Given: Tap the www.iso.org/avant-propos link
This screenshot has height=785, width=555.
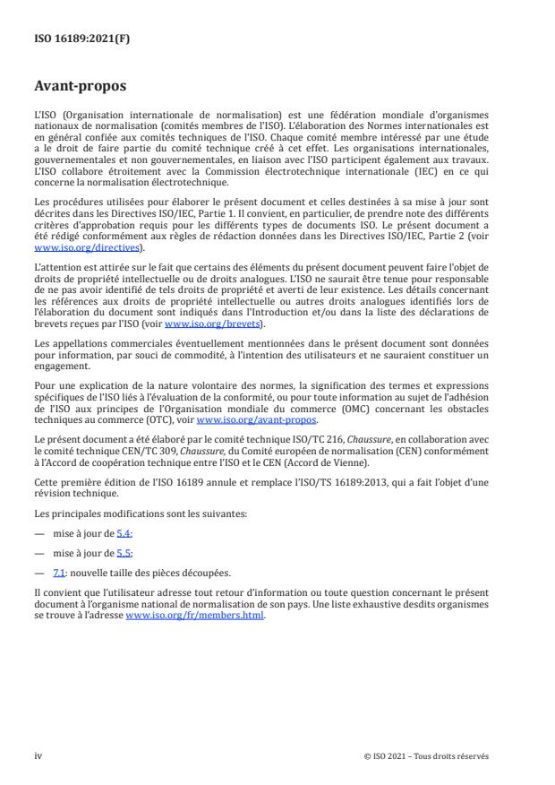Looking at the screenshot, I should tap(255, 419).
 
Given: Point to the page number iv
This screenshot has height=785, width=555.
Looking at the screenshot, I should tap(38, 755).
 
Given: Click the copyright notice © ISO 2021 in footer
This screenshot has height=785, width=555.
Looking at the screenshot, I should tap(425, 756).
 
